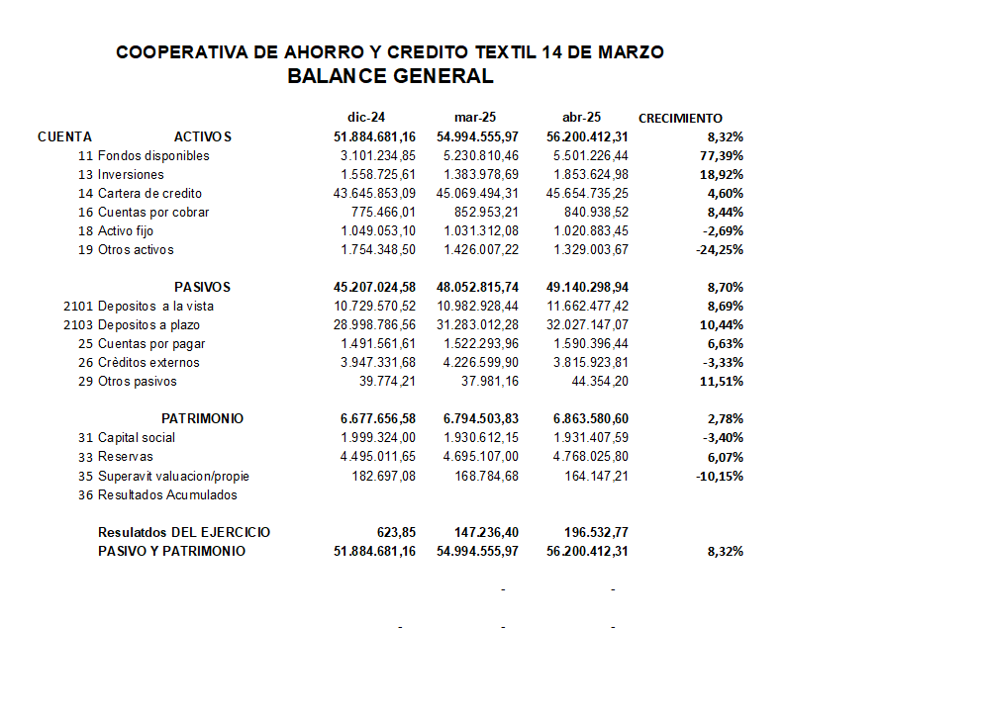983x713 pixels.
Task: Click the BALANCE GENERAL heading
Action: [390, 76]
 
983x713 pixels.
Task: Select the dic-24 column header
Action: [365, 118]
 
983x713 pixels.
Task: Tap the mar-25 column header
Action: [475, 118]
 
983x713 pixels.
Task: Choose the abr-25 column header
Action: [581, 118]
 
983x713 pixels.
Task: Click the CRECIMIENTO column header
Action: [680, 118]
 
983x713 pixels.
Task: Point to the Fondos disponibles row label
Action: [153, 156]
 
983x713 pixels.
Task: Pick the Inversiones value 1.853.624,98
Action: [588, 175]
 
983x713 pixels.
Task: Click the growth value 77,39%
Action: [723, 156]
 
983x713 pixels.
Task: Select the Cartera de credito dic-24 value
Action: [374, 194]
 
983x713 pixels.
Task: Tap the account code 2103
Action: [77, 325]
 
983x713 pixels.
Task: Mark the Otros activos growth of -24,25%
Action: [719, 250]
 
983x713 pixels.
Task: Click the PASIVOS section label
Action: [202, 288]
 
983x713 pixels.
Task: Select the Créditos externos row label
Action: [148, 363]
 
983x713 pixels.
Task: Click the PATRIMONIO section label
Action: [202, 419]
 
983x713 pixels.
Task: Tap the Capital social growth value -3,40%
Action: [722, 438]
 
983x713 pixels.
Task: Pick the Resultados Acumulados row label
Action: [167, 494]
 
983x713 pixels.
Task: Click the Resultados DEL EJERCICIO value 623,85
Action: [396, 533]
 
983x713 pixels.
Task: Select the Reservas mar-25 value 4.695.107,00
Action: [481, 457]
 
